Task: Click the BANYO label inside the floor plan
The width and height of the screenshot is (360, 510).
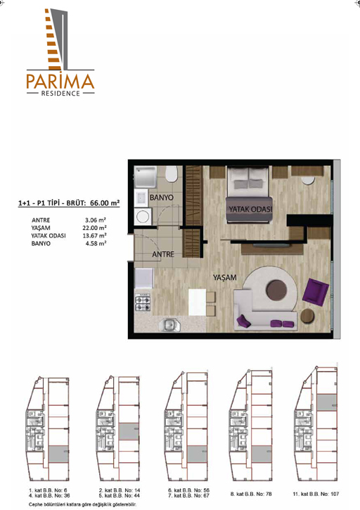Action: coord(162,198)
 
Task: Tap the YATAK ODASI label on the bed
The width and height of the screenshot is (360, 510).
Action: coord(250,209)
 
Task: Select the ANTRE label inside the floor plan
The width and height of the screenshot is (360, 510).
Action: coord(163,254)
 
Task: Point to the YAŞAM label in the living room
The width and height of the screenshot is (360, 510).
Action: coord(225,277)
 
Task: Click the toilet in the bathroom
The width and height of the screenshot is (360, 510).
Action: coord(172,174)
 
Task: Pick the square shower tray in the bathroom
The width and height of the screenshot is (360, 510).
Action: coord(146,177)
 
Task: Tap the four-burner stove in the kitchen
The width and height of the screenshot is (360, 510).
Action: coord(143,303)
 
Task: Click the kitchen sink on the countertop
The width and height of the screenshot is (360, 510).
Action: coord(169,324)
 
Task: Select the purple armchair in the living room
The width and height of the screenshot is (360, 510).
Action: coord(315,292)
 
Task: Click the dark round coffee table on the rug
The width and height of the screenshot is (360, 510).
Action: coord(276,290)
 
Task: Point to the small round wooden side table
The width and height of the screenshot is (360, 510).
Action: coord(307,316)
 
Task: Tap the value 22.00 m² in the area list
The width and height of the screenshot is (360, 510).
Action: coord(94,228)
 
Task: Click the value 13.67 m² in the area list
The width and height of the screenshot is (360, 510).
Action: coord(94,236)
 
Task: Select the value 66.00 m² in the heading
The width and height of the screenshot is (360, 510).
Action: coord(105,203)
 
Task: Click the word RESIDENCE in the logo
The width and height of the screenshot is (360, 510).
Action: coord(60,94)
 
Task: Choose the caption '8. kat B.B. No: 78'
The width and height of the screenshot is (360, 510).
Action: coord(251,494)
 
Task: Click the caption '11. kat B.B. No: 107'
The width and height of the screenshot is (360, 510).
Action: coord(316,494)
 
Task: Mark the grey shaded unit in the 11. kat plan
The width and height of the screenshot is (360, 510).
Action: coord(327,402)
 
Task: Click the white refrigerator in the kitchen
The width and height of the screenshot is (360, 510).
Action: coord(143,278)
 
